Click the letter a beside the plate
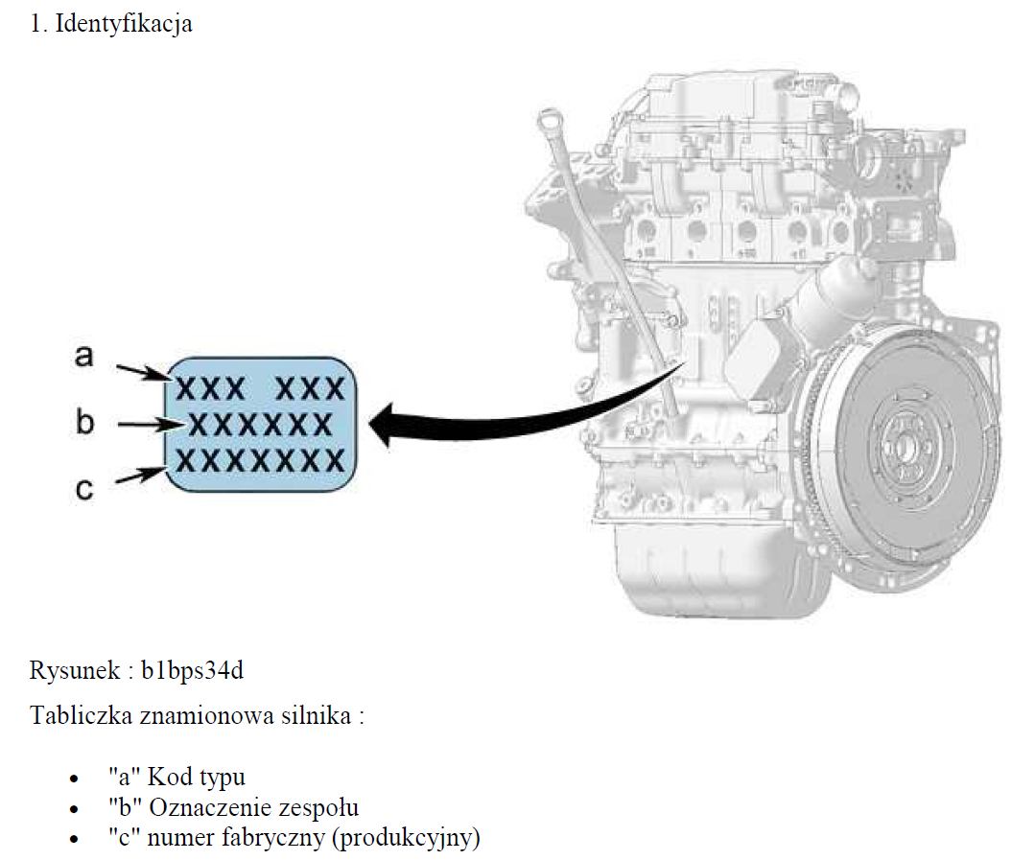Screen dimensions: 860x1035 point(84,357)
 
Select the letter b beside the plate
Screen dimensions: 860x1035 point(85,422)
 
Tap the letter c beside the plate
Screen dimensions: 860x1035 point(84,489)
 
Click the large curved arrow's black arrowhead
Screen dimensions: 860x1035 point(388,424)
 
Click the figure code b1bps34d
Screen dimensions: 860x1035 point(193,670)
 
